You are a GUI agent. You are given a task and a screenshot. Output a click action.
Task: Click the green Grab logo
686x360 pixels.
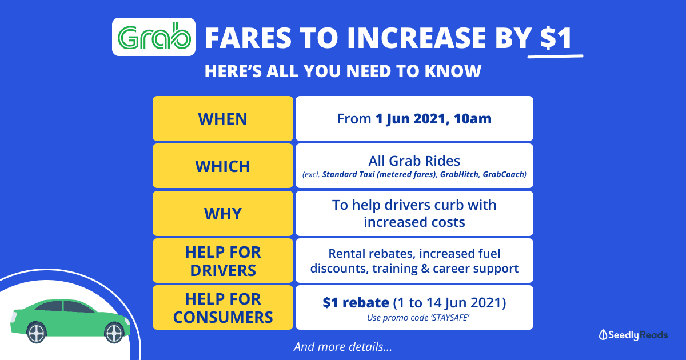[154, 37]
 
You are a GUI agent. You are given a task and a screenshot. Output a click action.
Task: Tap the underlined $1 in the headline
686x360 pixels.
[556, 38]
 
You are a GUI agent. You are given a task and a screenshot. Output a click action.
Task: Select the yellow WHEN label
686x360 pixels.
[222, 119]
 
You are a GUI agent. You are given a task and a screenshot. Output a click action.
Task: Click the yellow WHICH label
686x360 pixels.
[222, 166]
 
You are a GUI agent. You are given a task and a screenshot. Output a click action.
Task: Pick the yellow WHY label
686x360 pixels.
[222, 213]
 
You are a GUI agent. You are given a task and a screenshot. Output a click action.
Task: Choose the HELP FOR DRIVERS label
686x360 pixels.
[222, 261]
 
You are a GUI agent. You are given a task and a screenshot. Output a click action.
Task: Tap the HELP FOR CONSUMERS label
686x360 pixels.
[222, 307]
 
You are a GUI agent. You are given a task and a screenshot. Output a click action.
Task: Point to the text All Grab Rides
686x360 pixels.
[414, 161]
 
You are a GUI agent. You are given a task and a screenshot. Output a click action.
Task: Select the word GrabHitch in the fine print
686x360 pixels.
[459, 174]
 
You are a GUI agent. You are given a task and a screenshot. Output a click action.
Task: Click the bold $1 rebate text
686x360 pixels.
[356, 303]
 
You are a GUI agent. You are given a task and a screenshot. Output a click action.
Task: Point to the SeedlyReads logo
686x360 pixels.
[633, 335]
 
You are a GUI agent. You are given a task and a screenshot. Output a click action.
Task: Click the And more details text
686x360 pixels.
[343, 347]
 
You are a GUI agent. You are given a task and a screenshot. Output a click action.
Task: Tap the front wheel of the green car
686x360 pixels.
[114, 333]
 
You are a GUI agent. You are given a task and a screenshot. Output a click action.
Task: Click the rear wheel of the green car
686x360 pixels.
[37, 332]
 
